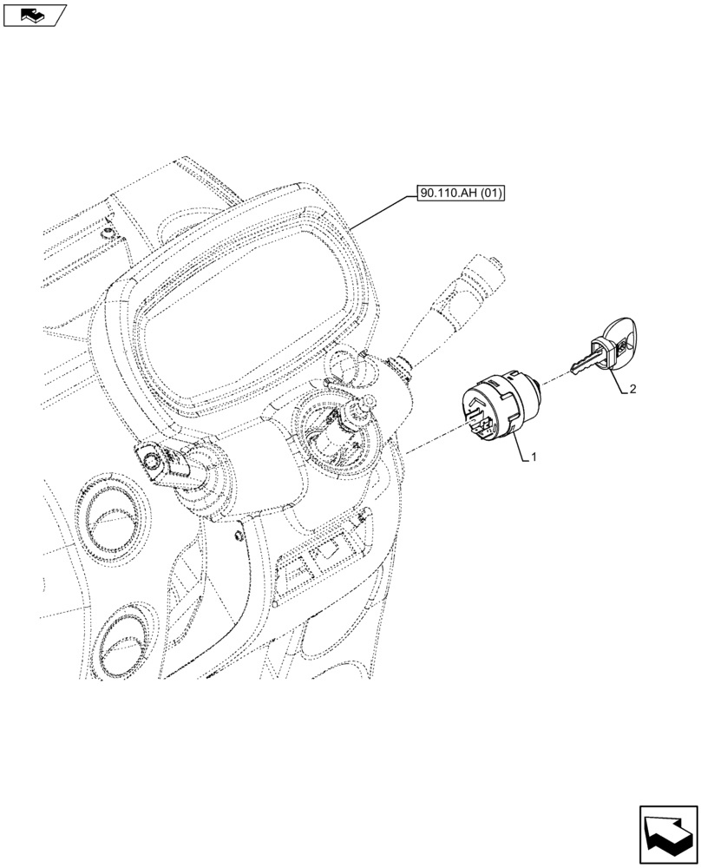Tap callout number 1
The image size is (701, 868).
pyautogui.click(x=535, y=457)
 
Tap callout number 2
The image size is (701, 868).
pyautogui.click(x=632, y=389)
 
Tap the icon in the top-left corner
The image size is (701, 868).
pyautogui.click(x=34, y=15)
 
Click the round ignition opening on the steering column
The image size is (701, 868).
pyautogui.click(x=334, y=429)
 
